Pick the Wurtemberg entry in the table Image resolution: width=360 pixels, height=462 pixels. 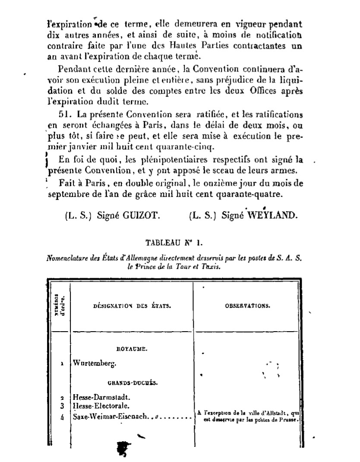click(x=95, y=364)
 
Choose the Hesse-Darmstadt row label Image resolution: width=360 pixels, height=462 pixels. click(x=102, y=397)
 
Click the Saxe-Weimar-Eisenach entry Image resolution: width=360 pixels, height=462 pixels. click(x=111, y=417)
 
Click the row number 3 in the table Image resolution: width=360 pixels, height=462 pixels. click(x=62, y=406)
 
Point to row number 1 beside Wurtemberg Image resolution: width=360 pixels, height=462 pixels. click(x=62, y=364)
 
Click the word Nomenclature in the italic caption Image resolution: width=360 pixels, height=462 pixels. click(x=67, y=259)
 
